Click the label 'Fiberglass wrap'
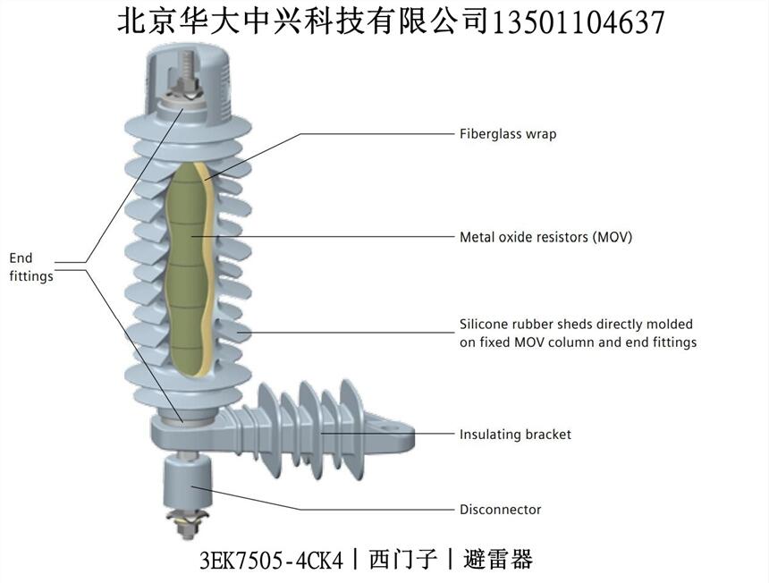[x=507, y=134]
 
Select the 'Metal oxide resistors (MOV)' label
[x=545, y=237]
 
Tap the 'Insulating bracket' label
[x=514, y=435]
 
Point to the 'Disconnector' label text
[x=500, y=510]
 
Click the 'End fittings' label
[x=30, y=267]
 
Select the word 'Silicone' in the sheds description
[x=484, y=325]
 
